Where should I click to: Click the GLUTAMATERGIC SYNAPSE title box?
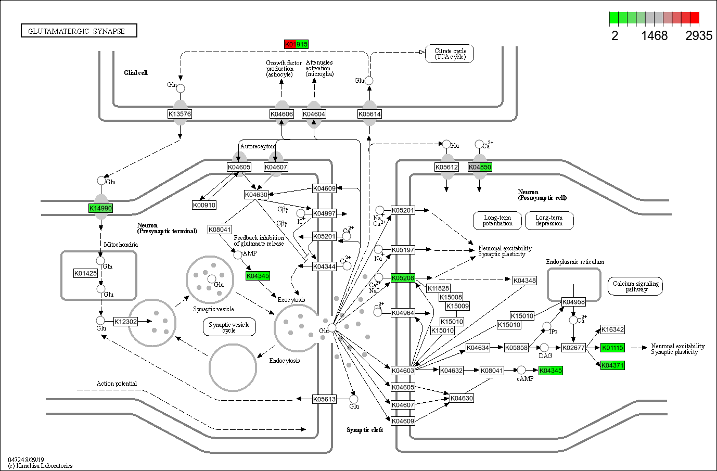tap(79, 31)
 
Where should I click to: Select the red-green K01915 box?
tap(296, 44)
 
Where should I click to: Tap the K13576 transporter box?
tap(180, 114)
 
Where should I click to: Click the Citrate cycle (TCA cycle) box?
tap(450, 54)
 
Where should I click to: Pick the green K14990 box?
tap(100, 208)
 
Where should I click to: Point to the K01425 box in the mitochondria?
tap(85, 273)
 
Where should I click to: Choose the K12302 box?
tap(125, 322)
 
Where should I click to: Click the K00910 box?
tap(204, 205)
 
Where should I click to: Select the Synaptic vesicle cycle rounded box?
tap(229, 327)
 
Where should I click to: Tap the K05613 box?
tap(324, 399)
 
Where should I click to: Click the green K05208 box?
tap(403, 278)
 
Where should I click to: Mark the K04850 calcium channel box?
tap(480, 167)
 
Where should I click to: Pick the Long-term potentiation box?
tap(497, 220)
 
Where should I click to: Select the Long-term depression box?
tap(549, 220)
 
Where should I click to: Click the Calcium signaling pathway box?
tap(635, 286)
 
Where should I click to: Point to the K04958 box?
tap(573, 302)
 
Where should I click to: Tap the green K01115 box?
tap(612, 348)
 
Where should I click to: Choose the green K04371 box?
tap(612, 365)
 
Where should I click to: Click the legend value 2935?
tap(698, 35)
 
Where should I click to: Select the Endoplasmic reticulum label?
tap(574, 262)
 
